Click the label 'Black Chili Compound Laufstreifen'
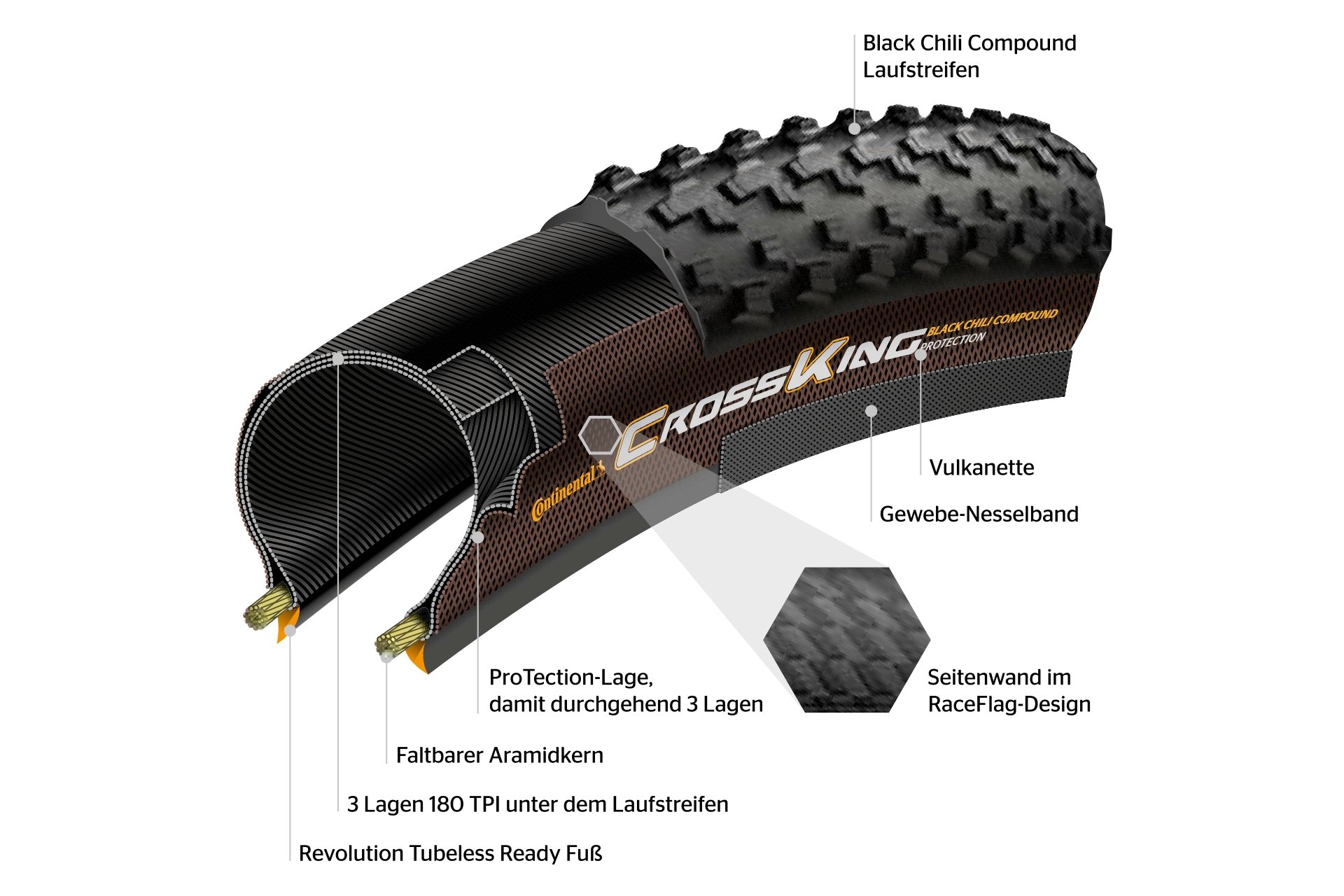point(969,57)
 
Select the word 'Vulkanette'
point(981,468)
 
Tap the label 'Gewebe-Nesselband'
point(979,514)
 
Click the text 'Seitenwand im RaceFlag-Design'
point(1009,691)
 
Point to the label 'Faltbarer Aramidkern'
point(499,755)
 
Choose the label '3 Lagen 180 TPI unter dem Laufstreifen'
point(538,804)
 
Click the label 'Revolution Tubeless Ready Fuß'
point(450,853)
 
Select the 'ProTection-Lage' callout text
point(626,691)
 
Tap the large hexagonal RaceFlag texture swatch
point(846,640)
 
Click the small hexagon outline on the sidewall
point(599,435)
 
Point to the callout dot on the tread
point(855,129)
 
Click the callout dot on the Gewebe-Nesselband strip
point(871,411)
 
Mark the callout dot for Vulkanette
point(920,354)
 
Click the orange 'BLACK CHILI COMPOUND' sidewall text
point(992,321)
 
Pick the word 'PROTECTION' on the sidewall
point(953,341)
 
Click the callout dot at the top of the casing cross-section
point(338,359)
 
